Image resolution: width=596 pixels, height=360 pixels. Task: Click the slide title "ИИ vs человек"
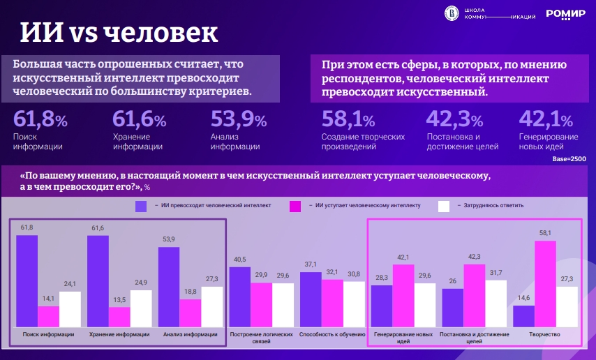click(118, 33)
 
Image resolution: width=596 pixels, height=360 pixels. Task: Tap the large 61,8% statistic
click(40, 120)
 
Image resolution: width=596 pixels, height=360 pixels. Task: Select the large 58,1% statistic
click(349, 120)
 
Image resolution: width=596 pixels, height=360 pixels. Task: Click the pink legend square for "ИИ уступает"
click(295, 206)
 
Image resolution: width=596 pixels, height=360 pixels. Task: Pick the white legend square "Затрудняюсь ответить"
click(443, 206)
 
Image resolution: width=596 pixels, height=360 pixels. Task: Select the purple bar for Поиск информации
click(27, 280)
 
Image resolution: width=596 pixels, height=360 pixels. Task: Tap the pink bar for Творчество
click(545, 283)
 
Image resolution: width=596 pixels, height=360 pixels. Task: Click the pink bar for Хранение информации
click(119, 317)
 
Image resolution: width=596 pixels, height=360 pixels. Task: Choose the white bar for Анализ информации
click(212, 306)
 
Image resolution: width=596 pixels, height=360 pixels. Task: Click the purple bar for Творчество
click(523, 316)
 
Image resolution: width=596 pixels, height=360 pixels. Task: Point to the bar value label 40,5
click(240, 260)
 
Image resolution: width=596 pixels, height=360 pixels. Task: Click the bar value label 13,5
click(119, 301)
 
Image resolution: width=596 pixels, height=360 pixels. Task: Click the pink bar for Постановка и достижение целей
click(474, 295)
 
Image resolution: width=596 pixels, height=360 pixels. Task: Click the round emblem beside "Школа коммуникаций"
click(452, 13)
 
